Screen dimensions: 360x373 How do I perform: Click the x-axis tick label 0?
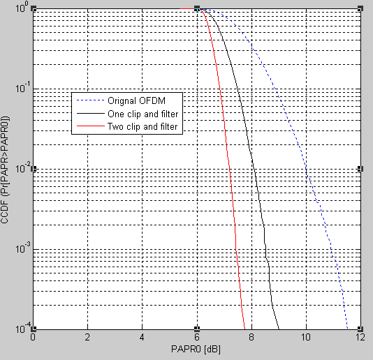pyautogui.click(x=34, y=337)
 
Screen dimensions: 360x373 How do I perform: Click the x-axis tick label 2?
pyautogui.click(x=88, y=337)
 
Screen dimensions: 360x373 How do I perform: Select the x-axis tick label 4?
pyautogui.click(x=142, y=337)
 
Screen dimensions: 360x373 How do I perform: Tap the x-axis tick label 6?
pyautogui.click(x=197, y=337)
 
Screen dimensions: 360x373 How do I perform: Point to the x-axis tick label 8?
pyautogui.click(x=251, y=337)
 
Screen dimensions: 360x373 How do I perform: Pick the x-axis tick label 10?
pyautogui.click(x=305, y=337)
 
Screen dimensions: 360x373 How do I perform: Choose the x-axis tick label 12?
pyautogui.click(x=360, y=337)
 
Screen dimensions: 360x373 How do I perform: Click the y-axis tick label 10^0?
pyautogui.click(x=21, y=9)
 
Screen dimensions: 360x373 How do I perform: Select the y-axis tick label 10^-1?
pyautogui.click(x=21, y=89)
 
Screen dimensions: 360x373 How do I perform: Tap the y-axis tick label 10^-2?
pyautogui.click(x=21, y=169)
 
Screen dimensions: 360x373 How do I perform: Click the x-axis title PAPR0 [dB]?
pyautogui.click(x=196, y=348)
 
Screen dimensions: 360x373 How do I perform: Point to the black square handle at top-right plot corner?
pyautogui.click(x=360, y=8)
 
